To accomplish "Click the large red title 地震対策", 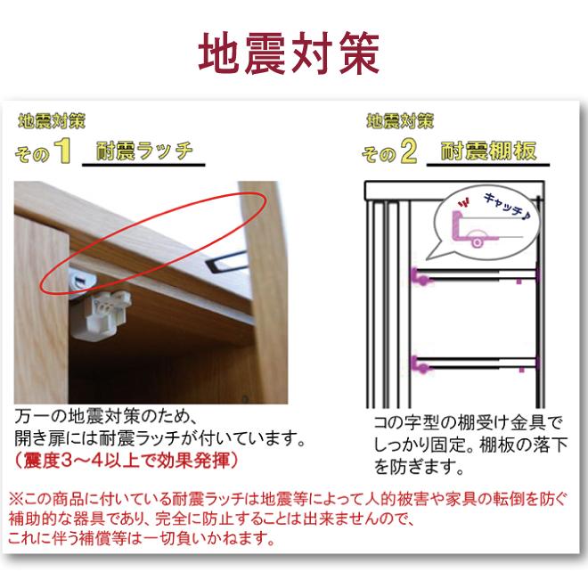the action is click(x=289, y=53).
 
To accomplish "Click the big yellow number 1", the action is click(x=62, y=151).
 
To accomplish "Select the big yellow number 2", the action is click(x=408, y=151).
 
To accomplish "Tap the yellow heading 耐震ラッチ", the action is click(x=144, y=151).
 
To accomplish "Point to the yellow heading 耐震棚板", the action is click(x=488, y=151).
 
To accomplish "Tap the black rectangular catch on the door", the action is click(x=226, y=261).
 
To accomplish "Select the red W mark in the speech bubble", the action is click(x=464, y=204).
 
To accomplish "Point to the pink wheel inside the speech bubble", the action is click(x=477, y=242).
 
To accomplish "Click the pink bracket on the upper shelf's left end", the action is click(x=420, y=276).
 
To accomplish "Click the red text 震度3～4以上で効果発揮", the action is click(x=127, y=461).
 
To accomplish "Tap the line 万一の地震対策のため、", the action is click(x=104, y=416).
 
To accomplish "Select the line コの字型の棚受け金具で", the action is click(x=469, y=422).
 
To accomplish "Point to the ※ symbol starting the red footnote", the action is click(x=16, y=499).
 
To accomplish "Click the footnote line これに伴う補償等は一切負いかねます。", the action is click(x=141, y=539).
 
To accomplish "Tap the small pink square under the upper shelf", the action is click(x=519, y=282).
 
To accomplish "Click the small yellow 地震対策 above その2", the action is click(x=400, y=121).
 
